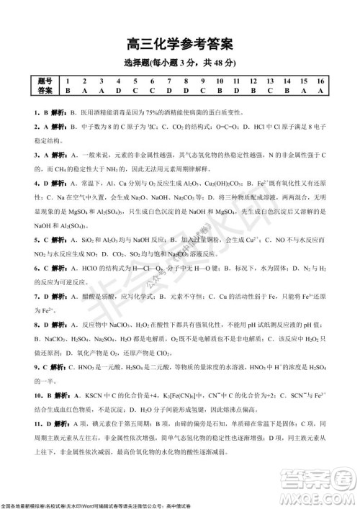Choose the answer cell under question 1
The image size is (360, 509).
click(67, 91)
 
